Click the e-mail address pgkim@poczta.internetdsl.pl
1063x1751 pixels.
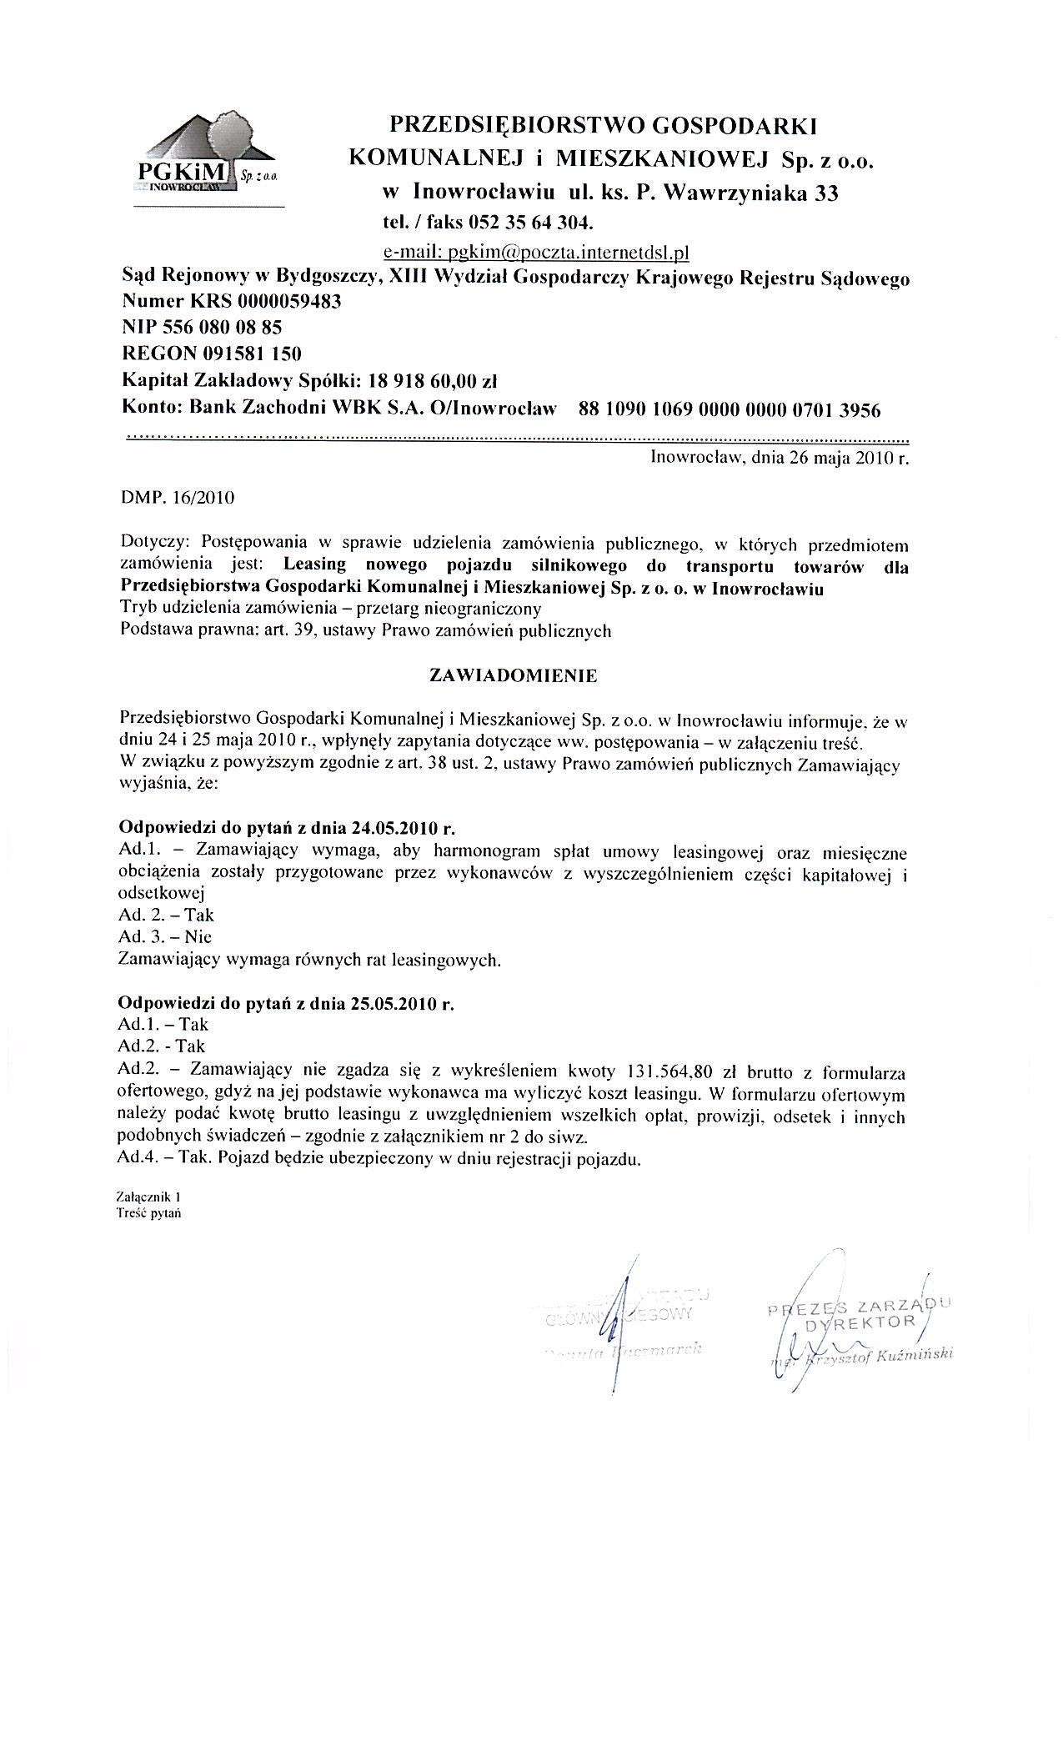[535, 252]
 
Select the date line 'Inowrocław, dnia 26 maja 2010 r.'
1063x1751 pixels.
[779, 458]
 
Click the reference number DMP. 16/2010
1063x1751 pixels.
[178, 499]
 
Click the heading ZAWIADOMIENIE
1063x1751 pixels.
[513, 676]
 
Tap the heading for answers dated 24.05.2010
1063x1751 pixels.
[288, 829]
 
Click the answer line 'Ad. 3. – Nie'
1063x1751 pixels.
[165, 937]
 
